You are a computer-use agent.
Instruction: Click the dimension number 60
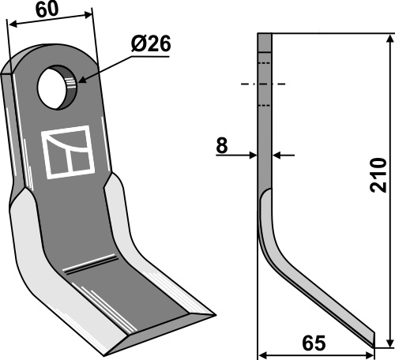(47, 9)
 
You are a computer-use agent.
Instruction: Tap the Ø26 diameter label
(151, 43)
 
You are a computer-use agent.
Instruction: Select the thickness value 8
(222, 145)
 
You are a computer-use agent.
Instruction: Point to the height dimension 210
(378, 175)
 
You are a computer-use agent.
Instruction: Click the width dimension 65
(314, 343)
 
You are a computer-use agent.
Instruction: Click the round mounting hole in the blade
(57, 88)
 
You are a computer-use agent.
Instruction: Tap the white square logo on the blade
(68, 152)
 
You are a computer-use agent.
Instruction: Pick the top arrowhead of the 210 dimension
(390, 39)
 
